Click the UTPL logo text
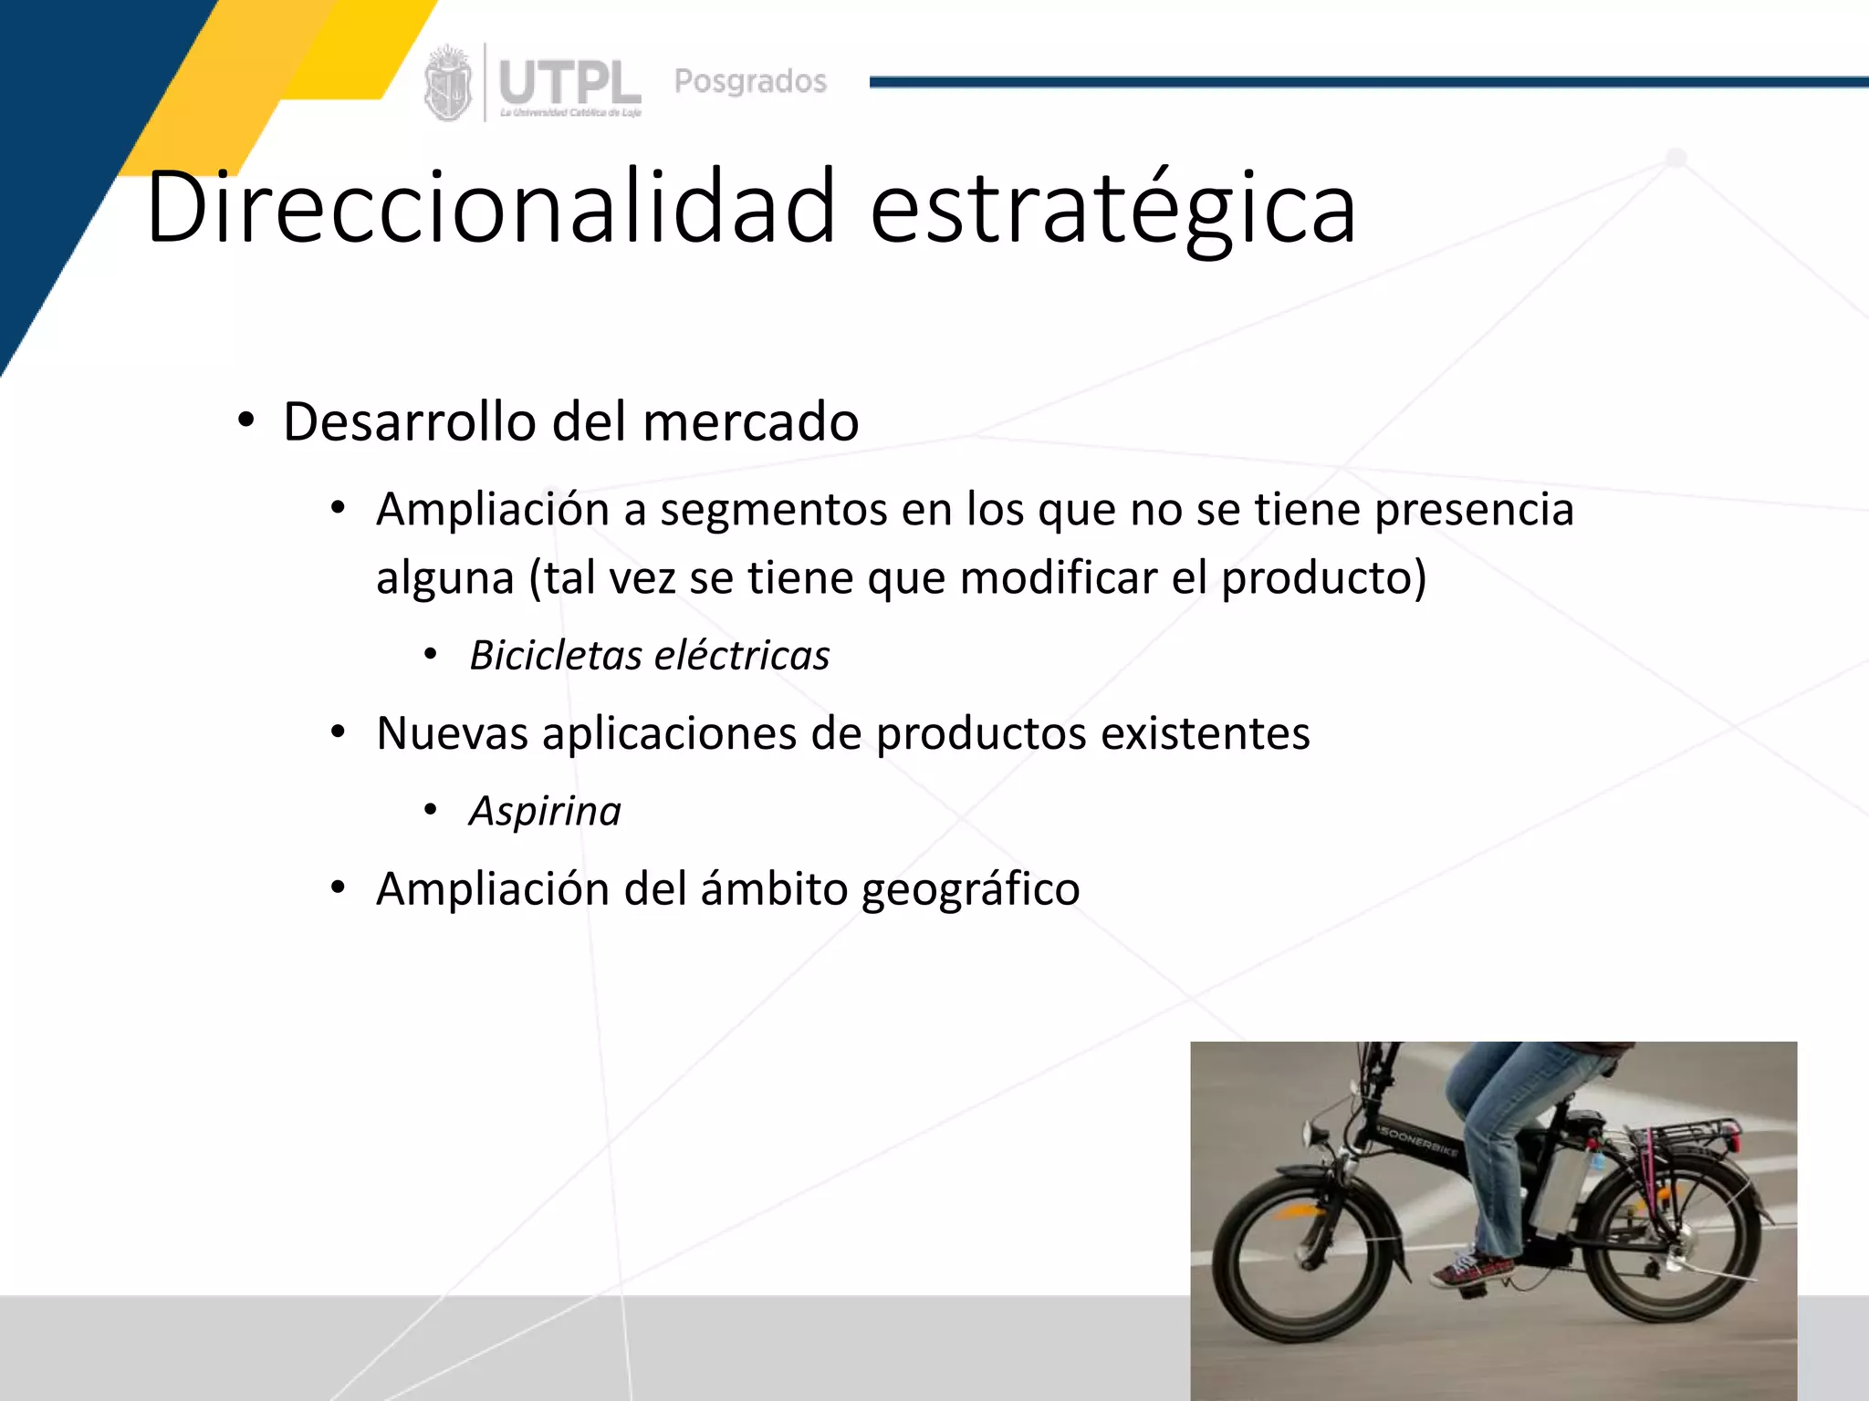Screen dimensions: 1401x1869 coord(569,84)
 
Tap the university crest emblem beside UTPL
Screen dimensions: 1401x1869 coord(448,84)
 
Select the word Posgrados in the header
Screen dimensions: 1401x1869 coord(750,81)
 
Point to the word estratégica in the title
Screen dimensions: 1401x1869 coord(1112,209)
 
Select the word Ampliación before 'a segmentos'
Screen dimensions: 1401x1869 coord(492,509)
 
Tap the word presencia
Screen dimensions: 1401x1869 coord(1474,509)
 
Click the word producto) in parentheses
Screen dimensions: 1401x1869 coord(1323,577)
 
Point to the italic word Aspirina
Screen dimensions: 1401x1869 coord(545,811)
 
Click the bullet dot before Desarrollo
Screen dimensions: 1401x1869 coord(245,421)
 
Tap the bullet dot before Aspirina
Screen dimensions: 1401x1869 coord(431,810)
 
